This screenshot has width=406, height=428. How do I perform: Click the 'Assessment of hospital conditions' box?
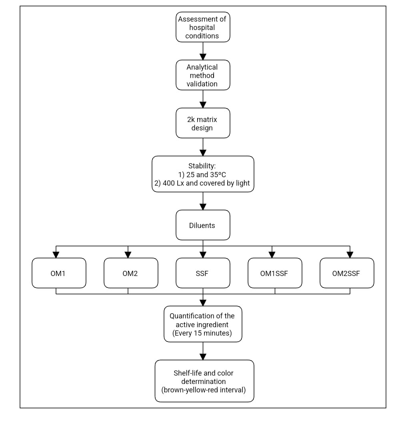[203, 27]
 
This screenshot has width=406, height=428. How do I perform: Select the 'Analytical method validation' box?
[203, 75]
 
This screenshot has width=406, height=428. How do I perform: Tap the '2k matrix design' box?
[203, 123]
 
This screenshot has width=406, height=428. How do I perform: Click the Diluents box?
[203, 225]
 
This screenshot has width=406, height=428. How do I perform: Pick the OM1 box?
[59, 273]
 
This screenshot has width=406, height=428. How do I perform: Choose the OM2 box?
[131, 273]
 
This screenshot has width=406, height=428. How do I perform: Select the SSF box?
[203, 273]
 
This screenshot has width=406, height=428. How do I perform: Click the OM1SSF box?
[275, 273]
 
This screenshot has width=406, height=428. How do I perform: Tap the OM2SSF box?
[347, 273]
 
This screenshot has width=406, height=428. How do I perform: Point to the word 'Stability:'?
[202, 166]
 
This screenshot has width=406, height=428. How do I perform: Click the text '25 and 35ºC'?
[206, 175]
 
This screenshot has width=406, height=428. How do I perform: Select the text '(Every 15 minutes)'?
[202, 333]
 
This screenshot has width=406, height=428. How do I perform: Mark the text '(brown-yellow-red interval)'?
[204, 390]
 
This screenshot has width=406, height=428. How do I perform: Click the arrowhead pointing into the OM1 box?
[56, 255]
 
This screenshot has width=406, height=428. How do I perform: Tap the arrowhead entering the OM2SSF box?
[350, 255]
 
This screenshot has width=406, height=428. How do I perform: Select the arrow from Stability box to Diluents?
[203, 201]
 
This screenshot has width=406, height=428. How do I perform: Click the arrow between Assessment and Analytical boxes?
[203, 51]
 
